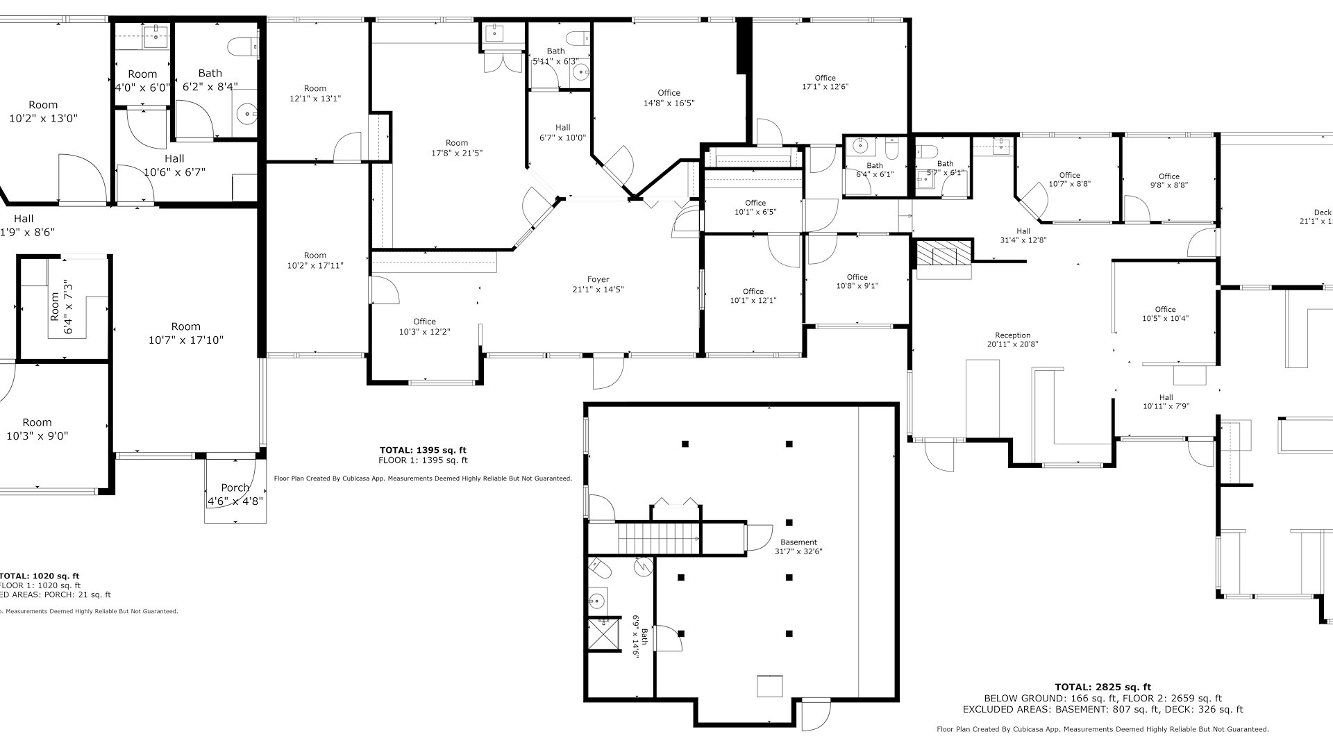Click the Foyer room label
click(x=598, y=285)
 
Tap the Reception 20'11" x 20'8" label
click(x=1012, y=340)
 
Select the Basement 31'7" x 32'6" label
click(x=798, y=547)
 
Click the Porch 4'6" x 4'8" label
click(x=235, y=494)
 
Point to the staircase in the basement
click(x=659, y=537)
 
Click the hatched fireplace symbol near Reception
click(x=943, y=253)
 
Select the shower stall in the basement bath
click(x=603, y=634)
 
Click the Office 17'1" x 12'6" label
click(x=825, y=83)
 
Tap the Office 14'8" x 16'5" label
click(x=669, y=98)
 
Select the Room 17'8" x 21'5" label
click(x=457, y=148)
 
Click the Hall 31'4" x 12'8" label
click(x=1023, y=235)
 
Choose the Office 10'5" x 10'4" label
click(x=1165, y=314)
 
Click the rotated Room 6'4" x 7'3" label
click(x=61, y=306)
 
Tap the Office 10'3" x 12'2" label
click(x=424, y=326)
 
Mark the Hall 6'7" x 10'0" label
click(x=562, y=132)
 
